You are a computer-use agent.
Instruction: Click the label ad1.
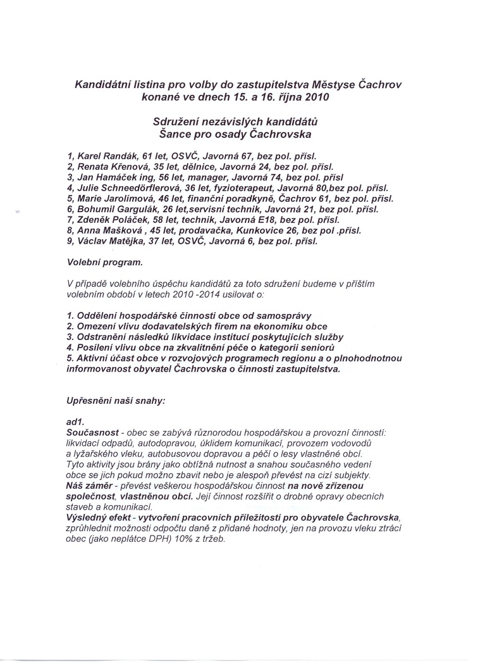75,422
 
